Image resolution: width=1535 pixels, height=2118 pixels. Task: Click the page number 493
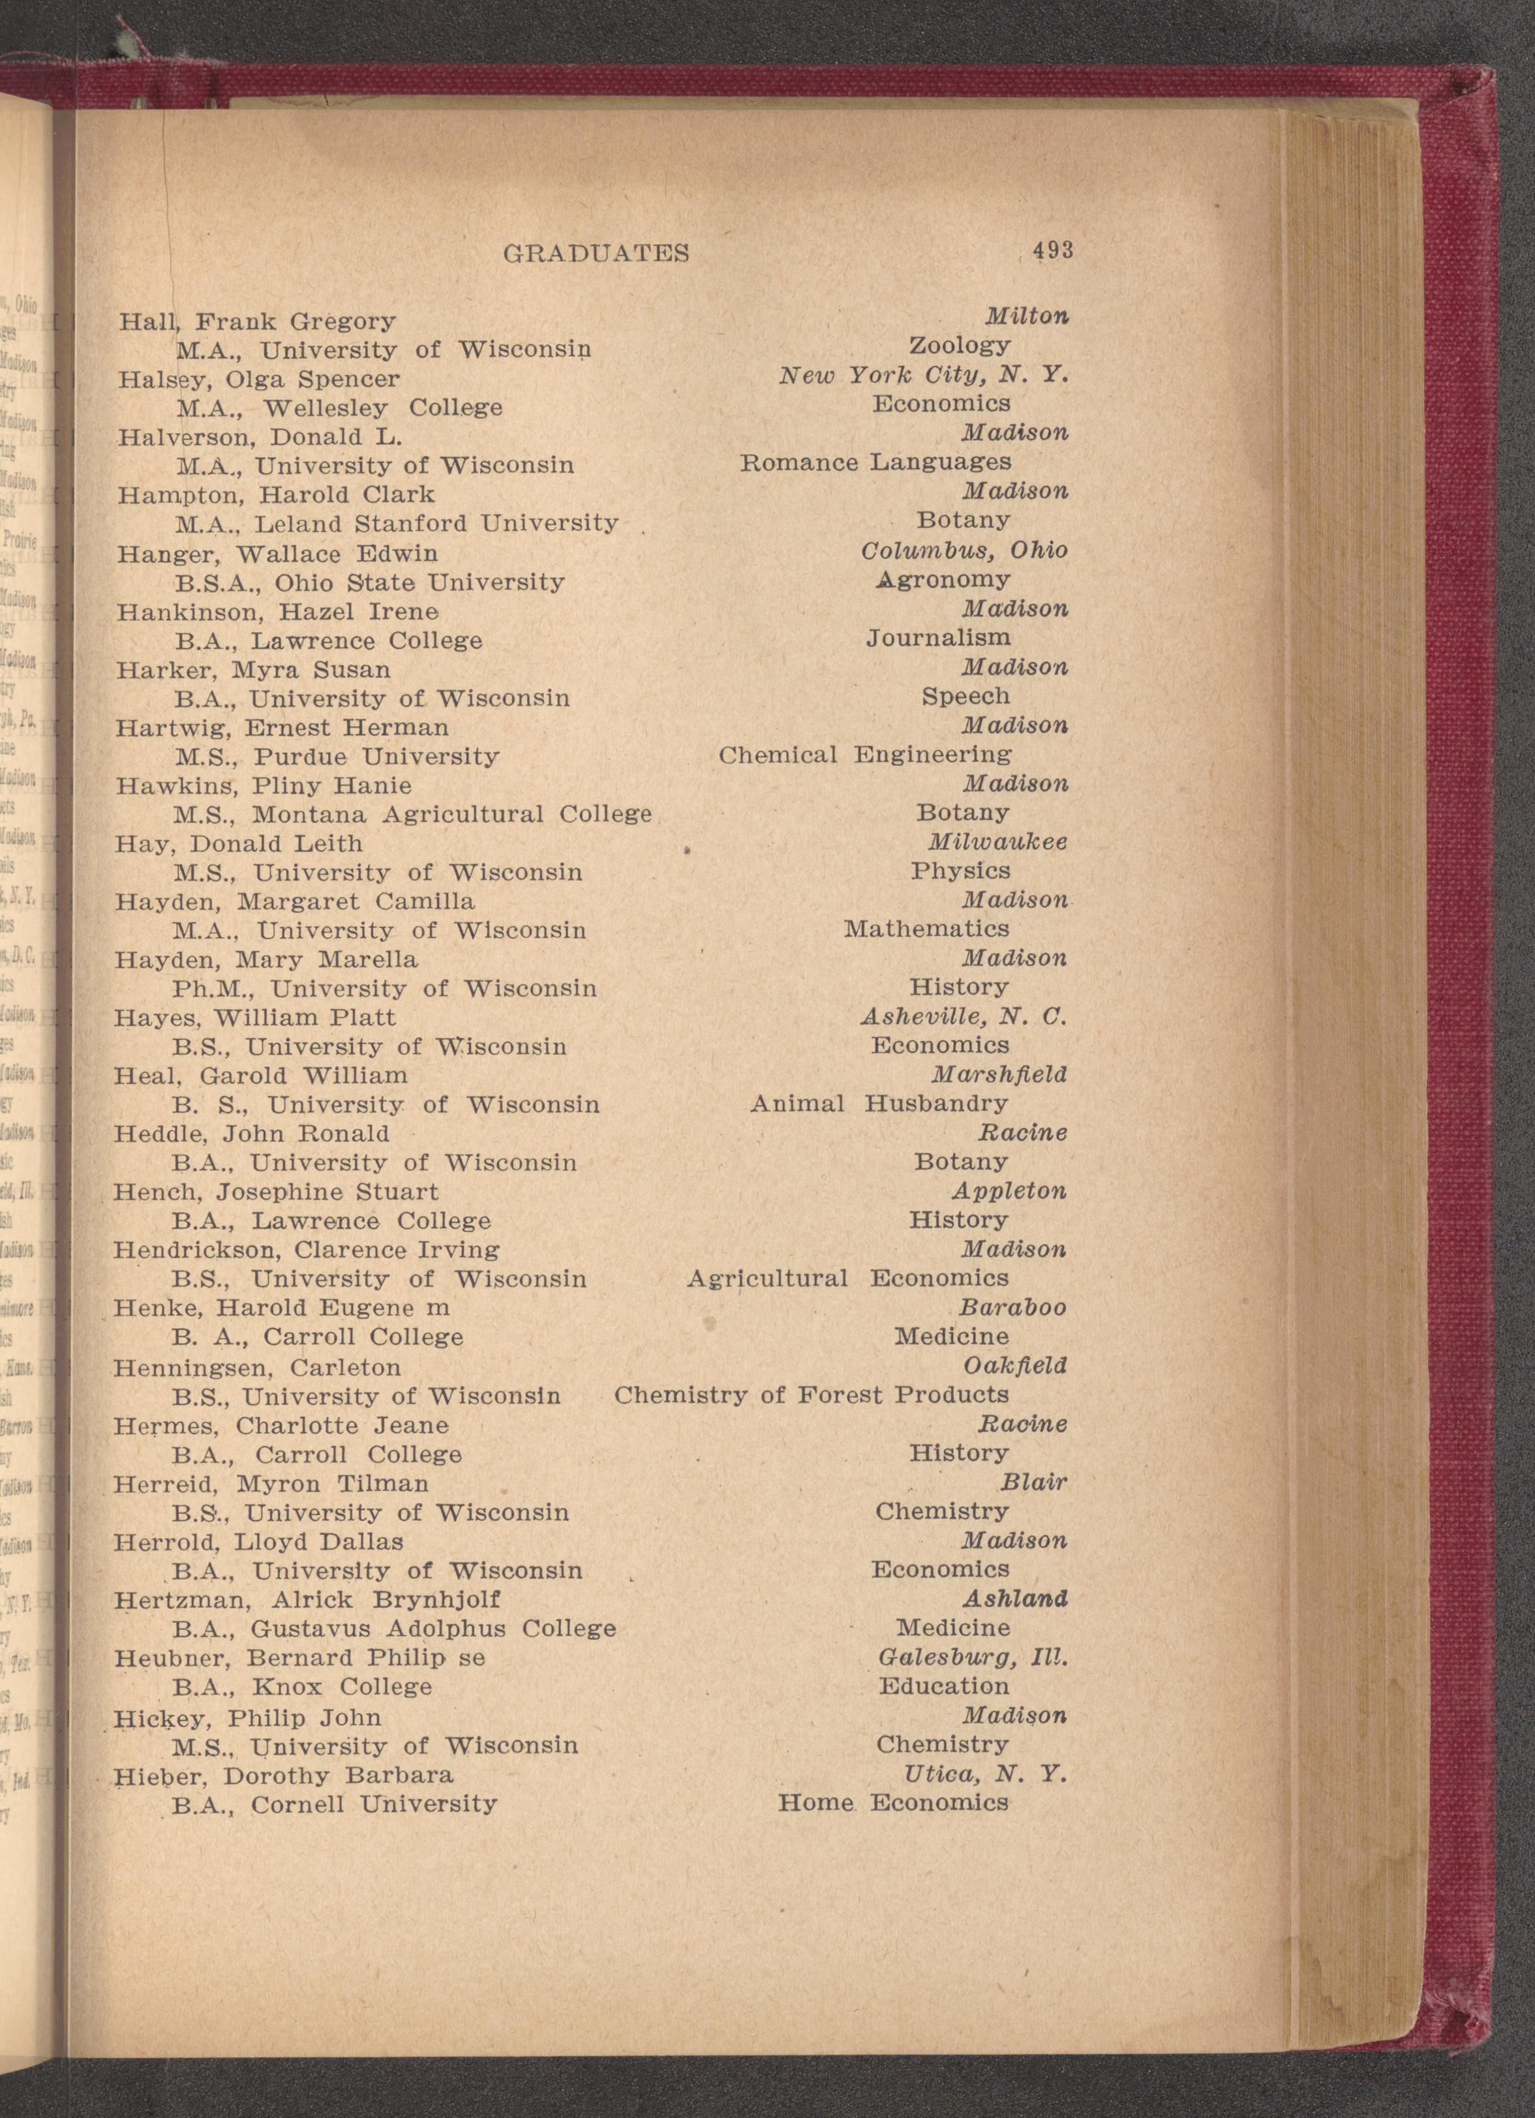[x=1052, y=250]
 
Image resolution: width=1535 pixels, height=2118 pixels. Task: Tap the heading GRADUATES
[x=596, y=253]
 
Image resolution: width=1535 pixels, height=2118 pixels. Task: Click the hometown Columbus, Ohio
[x=964, y=550]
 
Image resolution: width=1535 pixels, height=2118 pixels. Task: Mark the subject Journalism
[x=937, y=638]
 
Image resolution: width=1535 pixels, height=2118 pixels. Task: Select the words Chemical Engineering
[x=864, y=755]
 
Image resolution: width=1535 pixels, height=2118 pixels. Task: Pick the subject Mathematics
[x=926, y=929]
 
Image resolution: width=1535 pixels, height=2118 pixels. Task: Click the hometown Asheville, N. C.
[x=963, y=1016]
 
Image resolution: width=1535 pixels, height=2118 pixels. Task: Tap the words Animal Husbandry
[x=879, y=1104]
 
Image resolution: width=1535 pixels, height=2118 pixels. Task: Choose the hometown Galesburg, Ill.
[x=972, y=1657]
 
